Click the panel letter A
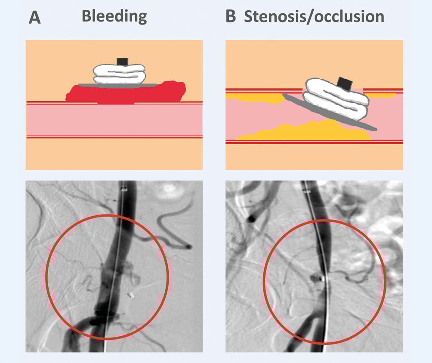click(35, 18)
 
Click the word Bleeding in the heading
click(114, 16)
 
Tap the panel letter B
click(231, 17)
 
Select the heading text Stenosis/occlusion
click(314, 16)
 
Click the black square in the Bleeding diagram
click(123, 62)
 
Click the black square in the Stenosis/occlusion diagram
click(344, 82)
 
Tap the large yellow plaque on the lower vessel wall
click(310, 131)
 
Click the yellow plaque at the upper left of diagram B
click(254, 99)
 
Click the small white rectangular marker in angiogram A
click(131, 295)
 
